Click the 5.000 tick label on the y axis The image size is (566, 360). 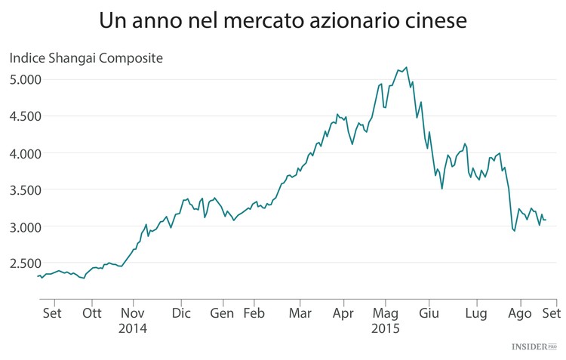[x=25, y=79]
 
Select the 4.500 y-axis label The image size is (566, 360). [x=25, y=116]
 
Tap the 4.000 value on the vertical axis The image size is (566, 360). [x=25, y=153]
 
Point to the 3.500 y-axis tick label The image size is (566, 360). [x=25, y=190]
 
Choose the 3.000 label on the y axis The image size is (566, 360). [x=25, y=227]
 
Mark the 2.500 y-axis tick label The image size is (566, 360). [x=25, y=263]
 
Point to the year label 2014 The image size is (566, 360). [x=133, y=329]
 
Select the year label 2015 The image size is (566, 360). [x=386, y=329]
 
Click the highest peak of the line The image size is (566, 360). [x=407, y=67]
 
